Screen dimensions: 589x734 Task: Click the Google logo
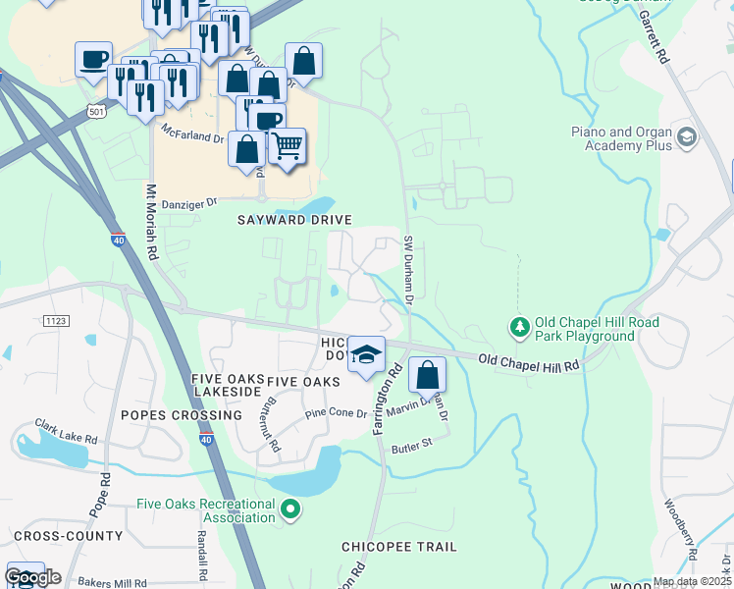pyautogui.click(x=32, y=577)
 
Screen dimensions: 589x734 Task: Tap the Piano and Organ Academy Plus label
pyautogui.click(x=622, y=138)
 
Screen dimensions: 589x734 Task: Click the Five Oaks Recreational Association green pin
pyautogui.click(x=289, y=509)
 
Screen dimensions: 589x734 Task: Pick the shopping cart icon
pyautogui.click(x=287, y=146)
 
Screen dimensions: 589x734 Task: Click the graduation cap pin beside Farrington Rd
pyautogui.click(x=366, y=354)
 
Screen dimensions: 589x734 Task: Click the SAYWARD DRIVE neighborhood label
pyautogui.click(x=294, y=220)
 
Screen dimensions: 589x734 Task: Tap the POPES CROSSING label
pyautogui.click(x=181, y=415)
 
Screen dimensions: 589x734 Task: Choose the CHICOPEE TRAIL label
pyautogui.click(x=399, y=546)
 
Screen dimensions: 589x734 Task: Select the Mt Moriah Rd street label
pyautogui.click(x=152, y=223)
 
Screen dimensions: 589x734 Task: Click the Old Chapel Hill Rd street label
pyautogui.click(x=528, y=363)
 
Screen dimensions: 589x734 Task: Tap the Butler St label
pyautogui.click(x=412, y=445)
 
